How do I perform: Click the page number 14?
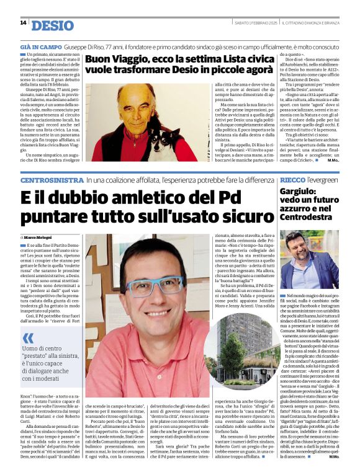click(23, 23)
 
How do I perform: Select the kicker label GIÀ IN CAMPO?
click(41, 47)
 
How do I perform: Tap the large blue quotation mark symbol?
click(27, 338)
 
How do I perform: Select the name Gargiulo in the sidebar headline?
click(298, 193)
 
